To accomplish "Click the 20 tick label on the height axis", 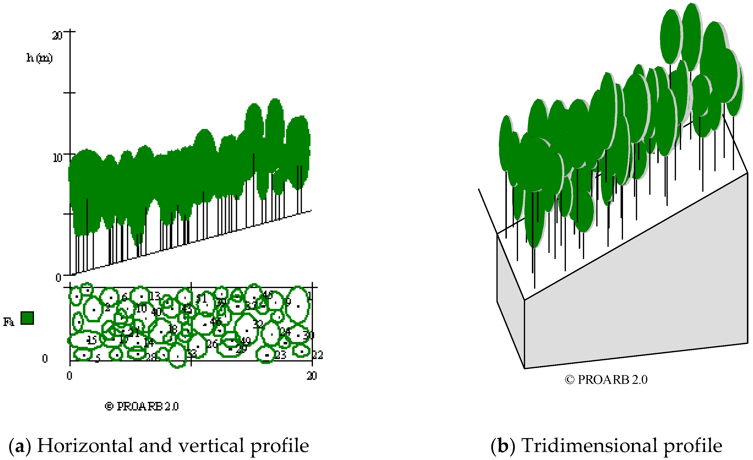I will (x=57, y=36).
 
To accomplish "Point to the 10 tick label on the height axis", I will (x=57, y=158).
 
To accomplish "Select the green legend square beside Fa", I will (x=27, y=318).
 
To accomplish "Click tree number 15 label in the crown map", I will (x=92, y=340).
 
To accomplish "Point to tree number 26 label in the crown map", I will (x=212, y=344).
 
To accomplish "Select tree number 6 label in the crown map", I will (x=124, y=297).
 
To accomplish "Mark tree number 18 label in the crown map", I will (x=173, y=329).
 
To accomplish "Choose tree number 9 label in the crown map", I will (x=288, y=302).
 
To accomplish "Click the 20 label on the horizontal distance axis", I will (x=312, y=376).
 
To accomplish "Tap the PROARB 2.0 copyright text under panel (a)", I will (x=142, y=406).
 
